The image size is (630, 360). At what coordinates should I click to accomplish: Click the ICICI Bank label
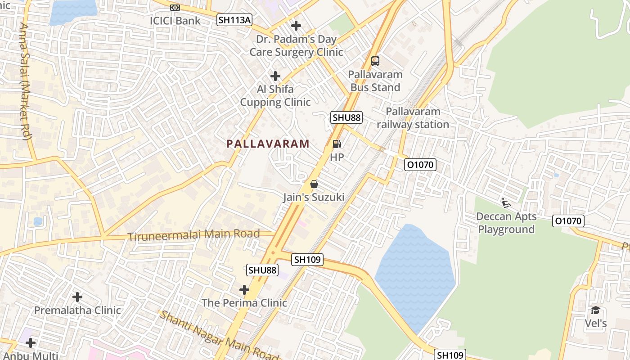coord(175,21)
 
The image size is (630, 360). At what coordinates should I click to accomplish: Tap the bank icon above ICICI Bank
coord(175,8)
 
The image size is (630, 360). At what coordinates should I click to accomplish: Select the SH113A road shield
coord(234,20)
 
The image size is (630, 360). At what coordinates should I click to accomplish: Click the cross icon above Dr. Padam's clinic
coord(296,26)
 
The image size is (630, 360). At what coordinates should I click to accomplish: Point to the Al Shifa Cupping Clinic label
coord(275,95)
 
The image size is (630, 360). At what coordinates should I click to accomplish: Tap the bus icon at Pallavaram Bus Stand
coord(375,61)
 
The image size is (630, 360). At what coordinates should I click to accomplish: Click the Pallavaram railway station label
coord(413,118)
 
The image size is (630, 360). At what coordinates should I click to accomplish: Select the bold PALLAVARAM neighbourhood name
coord(268,144)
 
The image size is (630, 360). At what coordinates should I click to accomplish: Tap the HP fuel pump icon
coord(337,144)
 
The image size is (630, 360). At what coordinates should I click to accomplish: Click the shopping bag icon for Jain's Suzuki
coord(314,184)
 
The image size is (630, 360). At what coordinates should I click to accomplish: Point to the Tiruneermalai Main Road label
coord(194,235)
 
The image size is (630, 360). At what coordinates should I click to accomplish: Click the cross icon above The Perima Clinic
coord(244,289)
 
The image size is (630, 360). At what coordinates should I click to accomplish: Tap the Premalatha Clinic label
coord(77,310)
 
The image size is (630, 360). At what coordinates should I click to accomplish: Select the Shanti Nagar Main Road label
coord(220,335)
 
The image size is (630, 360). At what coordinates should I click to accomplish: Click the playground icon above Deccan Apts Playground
coord(506,203)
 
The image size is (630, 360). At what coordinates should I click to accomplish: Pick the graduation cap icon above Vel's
coord(595,310)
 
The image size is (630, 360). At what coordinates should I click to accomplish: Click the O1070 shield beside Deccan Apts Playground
coord(569,221)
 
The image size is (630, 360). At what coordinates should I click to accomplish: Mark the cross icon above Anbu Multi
coord(30,343)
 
